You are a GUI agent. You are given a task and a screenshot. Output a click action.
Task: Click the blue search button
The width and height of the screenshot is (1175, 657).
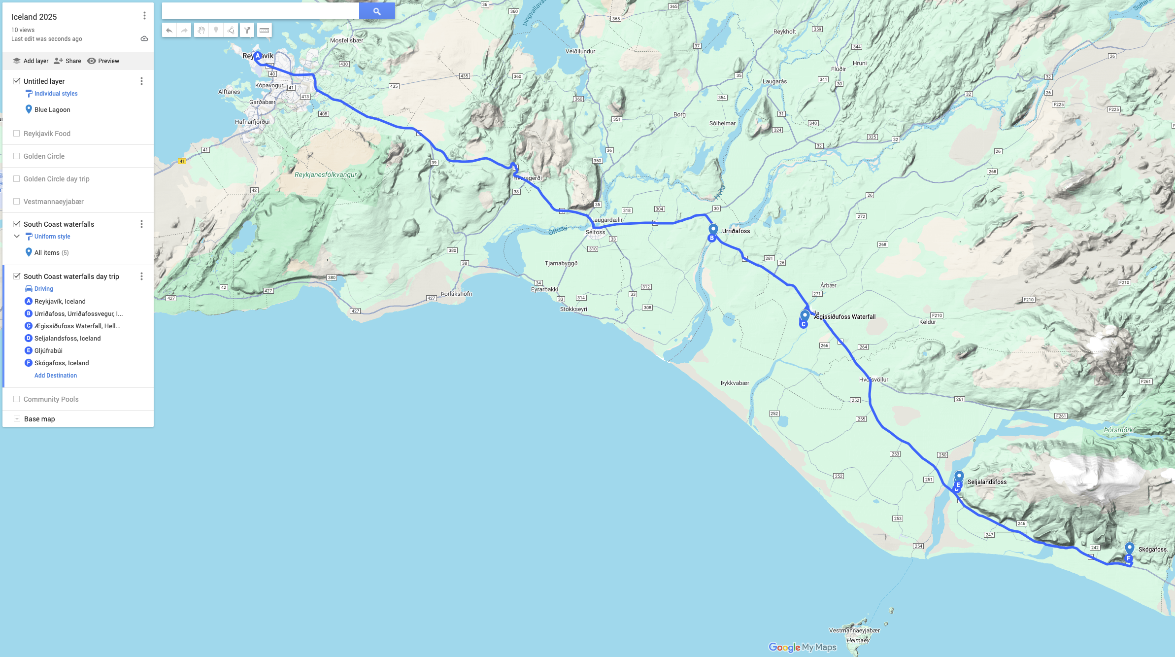377,11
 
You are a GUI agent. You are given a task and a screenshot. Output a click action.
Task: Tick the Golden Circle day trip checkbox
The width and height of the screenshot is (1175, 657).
17,179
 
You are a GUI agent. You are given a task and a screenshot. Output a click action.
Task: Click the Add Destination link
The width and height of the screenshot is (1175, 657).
56,376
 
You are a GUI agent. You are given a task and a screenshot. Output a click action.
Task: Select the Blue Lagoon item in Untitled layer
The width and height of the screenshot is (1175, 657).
52,110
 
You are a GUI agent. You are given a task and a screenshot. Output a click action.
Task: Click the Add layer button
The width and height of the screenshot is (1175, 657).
31,61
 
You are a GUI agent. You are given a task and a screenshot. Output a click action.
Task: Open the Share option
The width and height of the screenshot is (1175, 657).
67,61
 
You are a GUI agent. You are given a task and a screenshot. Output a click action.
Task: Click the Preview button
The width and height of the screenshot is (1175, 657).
103,61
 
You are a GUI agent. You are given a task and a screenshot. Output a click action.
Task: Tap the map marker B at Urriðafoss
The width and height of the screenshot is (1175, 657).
711,238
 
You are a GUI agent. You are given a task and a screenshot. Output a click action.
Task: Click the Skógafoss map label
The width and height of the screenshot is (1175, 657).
1152,550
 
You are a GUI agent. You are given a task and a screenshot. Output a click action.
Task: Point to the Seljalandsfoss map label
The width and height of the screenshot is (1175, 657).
987,482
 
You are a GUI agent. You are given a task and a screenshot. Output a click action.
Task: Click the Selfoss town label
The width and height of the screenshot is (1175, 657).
595,232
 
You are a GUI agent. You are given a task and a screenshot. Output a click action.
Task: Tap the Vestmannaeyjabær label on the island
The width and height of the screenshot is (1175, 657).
854,630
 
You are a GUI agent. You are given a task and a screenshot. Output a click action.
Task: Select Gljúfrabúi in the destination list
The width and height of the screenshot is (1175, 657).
48,351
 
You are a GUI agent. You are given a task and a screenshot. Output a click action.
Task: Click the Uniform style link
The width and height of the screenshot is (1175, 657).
52,237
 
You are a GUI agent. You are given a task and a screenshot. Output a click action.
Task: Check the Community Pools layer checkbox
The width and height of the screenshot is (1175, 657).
17,399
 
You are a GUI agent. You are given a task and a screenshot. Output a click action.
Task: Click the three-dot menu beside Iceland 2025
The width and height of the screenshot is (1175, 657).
144,16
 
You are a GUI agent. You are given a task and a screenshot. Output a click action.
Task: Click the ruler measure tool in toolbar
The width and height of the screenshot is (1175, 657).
265,30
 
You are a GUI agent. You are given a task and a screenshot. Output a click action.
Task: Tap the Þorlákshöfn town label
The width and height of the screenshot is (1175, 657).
456,294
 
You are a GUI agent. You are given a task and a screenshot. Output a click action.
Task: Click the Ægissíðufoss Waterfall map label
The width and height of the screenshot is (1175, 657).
844,317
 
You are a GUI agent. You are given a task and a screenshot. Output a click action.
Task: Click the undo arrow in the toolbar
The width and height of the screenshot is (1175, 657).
169,30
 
